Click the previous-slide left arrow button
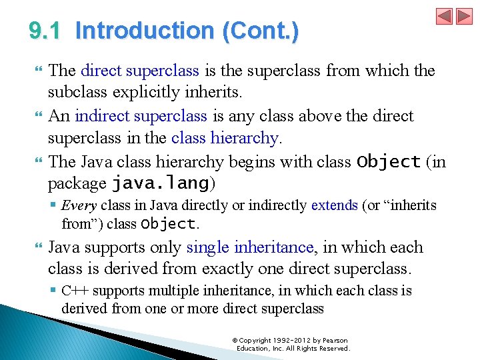pos(445,17)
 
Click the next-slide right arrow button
pos(463,17)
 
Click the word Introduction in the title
pos(144,31)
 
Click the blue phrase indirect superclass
pos(141,116)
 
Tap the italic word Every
pos(79,205)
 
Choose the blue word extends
pos(334,205)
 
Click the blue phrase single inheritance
pos(250,247)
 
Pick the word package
pos(77,183)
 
